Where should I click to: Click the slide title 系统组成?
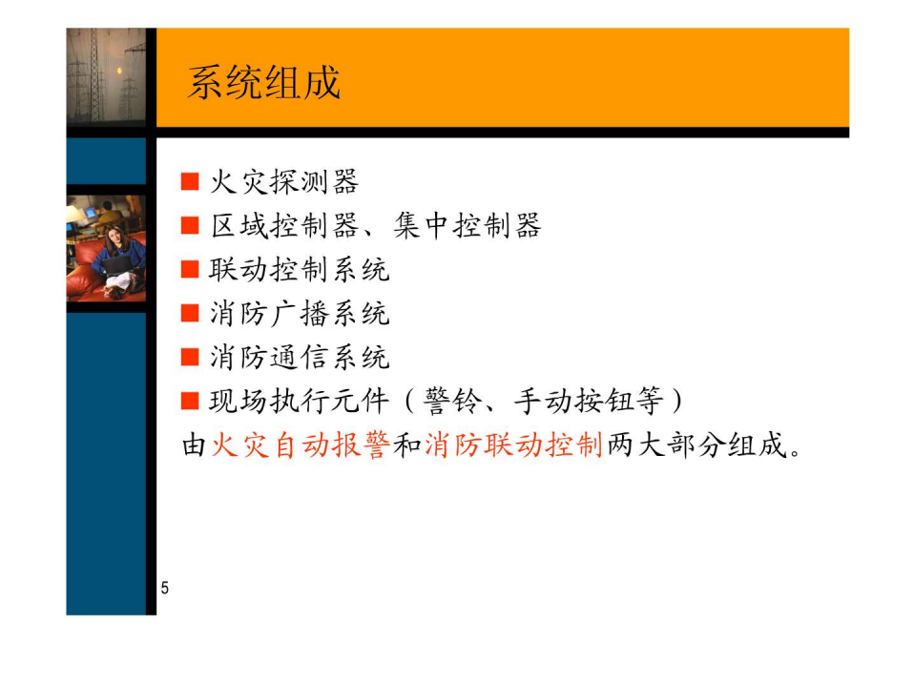263,83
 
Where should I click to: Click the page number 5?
165,588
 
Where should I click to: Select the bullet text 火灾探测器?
284,182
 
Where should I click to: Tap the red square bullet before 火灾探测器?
190,182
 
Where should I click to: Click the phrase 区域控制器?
284,225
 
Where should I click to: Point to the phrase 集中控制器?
467,225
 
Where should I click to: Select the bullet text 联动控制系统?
299,269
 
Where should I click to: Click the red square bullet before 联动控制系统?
190,269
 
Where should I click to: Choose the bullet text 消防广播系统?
299,314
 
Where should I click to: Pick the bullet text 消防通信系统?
299,357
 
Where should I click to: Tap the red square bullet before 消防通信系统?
190,357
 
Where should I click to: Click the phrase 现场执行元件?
299,401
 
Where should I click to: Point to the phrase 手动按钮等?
589,401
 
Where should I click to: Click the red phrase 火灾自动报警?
301,445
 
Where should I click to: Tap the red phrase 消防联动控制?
513,445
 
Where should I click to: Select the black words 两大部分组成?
697,445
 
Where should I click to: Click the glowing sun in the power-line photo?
119,72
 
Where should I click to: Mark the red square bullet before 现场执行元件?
190,401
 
